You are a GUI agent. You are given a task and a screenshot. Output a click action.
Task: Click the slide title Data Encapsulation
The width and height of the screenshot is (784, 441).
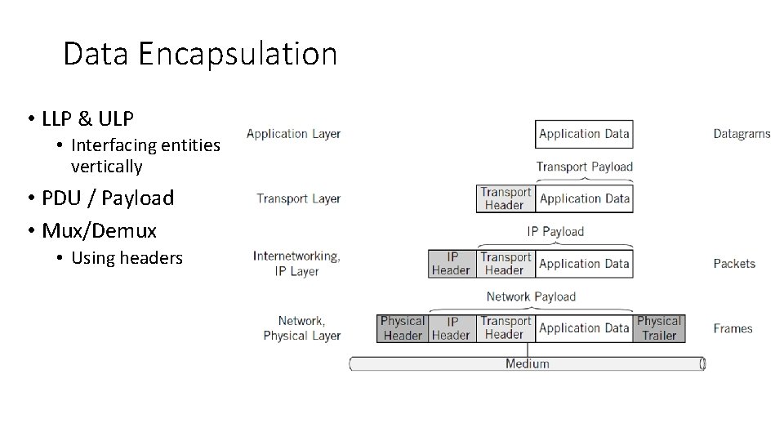coord(200,55)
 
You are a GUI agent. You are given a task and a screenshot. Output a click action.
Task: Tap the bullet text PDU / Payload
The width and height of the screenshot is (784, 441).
coord(108,198)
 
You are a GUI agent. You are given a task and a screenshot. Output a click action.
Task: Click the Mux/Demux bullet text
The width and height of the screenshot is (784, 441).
coord(100,229)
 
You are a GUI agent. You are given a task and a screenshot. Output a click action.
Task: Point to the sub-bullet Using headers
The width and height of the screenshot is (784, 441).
coord(127,258)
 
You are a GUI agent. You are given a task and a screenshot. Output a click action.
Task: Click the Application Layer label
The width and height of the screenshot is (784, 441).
coord(293,134)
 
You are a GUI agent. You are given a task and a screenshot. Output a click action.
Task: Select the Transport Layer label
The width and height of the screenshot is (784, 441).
coord(298,198)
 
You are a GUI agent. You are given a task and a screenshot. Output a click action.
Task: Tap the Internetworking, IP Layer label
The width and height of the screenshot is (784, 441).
coord(296,263)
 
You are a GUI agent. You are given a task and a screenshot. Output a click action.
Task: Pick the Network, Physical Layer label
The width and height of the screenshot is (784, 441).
coord(301,328)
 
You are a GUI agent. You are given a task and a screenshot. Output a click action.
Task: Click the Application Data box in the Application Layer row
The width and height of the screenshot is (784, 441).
coord(584,134)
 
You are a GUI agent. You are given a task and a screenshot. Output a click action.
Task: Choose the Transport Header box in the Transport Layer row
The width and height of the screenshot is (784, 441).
coord(506,198)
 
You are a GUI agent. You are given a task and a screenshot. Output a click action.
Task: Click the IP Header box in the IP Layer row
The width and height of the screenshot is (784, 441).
coord(451,263)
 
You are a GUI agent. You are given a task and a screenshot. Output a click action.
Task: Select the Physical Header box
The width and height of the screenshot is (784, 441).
coord(403,328)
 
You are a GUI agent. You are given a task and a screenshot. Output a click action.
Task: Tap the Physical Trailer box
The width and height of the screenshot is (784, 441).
coord(658,328)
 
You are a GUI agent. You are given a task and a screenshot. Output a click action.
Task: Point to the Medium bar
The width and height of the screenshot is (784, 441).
coord(527,363)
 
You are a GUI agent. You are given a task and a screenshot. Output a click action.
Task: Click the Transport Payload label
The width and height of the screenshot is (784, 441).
coord(584,167)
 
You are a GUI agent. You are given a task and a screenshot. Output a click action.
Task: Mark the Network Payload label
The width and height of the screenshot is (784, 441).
coord(531,296)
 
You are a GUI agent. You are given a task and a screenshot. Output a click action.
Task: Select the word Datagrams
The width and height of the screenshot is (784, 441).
coord(742,134)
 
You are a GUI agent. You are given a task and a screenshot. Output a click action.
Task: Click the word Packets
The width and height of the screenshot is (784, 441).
coord(734,264)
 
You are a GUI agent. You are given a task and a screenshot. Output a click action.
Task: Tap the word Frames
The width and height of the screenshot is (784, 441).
coord(733,328)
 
